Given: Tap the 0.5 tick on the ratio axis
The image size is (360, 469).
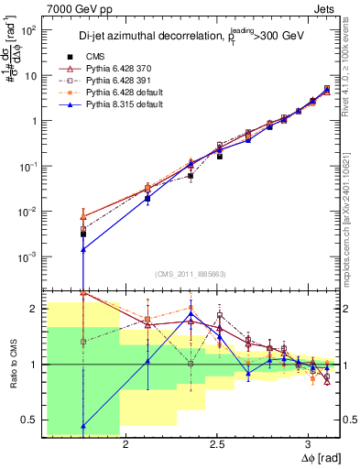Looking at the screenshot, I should point(28,420).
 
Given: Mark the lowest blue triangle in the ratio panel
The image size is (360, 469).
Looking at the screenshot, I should point(83,426).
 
